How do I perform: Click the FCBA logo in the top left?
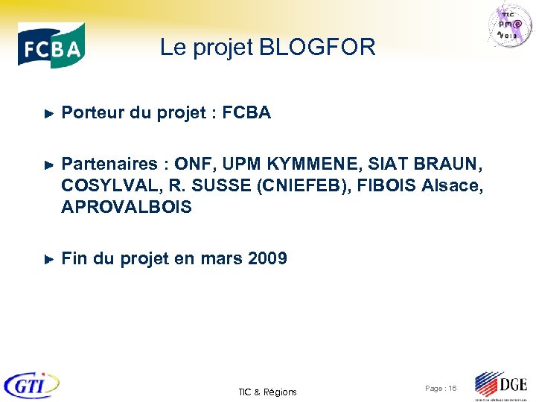(x=51, y=45)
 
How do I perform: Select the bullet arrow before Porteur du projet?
(x=48, y=114)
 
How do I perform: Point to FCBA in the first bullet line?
(x=246, y=113)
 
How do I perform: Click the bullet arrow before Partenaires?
(x=48, y=165)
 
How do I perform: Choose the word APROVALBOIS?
(x=127, y=207)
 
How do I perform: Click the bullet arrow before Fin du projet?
(x=48, y=259)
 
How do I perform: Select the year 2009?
(x=267, y=258)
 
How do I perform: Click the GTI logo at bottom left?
(x=31, y=386)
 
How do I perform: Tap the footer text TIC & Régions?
(x=267, y=392)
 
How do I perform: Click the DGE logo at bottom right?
(x=501, y=386)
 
